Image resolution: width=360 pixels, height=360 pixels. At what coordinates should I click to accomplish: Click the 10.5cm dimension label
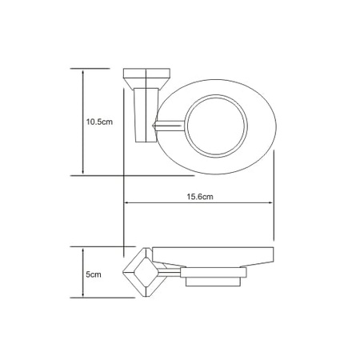coord(99,122)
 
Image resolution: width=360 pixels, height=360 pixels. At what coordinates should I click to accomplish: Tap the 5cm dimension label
coord(94,274)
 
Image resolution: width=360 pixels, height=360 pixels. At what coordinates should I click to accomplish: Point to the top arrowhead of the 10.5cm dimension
coord(83,73)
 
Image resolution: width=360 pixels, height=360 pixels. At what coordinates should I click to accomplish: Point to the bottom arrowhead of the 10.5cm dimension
coord(83,172)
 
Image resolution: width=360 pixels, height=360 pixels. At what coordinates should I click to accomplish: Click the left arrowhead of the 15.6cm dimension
coord(127,202)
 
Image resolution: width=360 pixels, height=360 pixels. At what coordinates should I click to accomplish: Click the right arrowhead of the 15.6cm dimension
coord(270,202)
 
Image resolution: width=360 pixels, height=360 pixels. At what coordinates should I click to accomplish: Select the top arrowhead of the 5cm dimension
coord(83,251)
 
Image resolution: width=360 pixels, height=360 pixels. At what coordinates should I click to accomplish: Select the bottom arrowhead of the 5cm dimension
coord(83,294)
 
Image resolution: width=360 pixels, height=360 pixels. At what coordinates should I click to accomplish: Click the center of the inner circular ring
coord(216,126)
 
